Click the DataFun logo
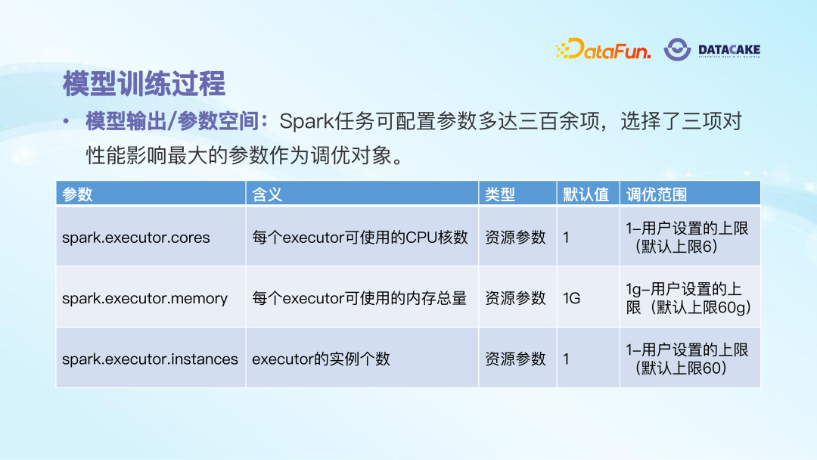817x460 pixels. tap(603, 49)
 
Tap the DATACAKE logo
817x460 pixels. tap(712, 49)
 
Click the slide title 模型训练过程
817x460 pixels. tap(144, 83)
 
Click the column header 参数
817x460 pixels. tap(77, 194)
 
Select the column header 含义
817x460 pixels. tap(267, 194)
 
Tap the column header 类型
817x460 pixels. tap(500, 194)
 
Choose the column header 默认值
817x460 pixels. tap(586, 194)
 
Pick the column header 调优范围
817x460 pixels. tap(657, 194)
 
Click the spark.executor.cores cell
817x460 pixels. tap(136, 238)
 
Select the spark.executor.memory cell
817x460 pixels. tap(144, 299)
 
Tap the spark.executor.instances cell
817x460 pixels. tap(150, 359)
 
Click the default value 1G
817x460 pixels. tap(572, 299)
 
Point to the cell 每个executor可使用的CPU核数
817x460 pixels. tap(360, 238)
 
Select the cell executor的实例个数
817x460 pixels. tap(321, 359)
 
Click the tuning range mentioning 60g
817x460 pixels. tap(688, 299)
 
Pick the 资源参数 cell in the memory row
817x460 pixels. tap(515, 299)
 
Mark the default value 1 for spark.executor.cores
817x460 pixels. tap(566, 238)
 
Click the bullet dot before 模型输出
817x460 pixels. tap(66, 122)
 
